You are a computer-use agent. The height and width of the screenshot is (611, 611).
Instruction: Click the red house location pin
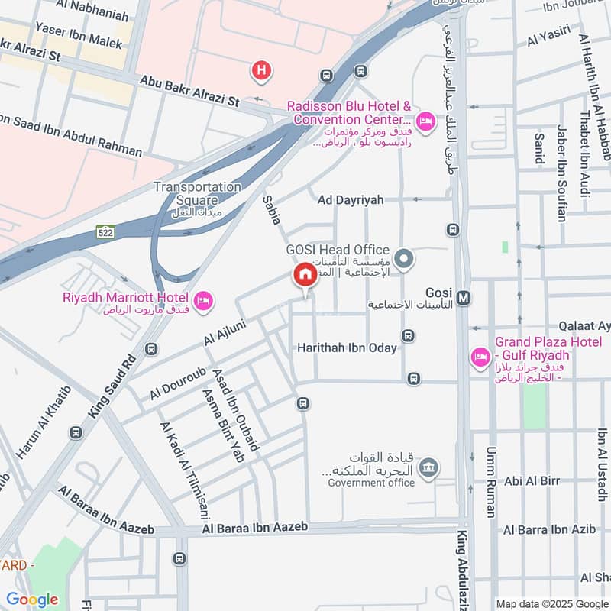305,276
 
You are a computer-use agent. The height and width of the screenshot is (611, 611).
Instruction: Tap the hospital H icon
261,71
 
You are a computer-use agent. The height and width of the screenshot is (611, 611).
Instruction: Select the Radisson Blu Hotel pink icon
425,121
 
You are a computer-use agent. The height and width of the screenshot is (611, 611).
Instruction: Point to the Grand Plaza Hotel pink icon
480,357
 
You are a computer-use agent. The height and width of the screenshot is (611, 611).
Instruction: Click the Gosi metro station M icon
464,295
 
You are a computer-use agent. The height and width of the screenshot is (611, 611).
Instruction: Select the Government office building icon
429,466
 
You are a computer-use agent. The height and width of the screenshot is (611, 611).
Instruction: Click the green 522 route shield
106,232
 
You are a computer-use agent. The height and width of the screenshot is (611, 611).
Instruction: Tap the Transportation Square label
197,193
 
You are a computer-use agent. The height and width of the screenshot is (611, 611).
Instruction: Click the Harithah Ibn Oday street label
347,348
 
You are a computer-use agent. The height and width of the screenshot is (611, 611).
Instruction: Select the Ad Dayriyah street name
351,199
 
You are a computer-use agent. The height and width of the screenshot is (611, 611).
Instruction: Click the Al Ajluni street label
223,335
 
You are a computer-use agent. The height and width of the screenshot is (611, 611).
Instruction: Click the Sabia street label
272,209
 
